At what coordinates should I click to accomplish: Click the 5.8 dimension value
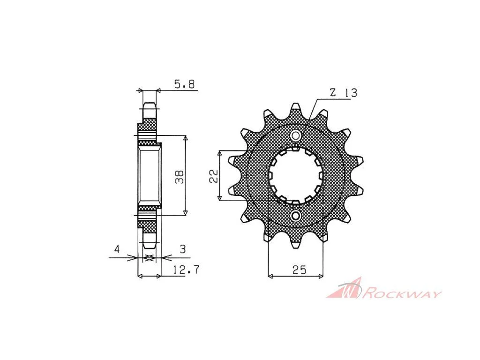point(184,84)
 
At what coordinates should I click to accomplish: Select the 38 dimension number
point(180,177)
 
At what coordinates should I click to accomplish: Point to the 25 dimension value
point(299,270)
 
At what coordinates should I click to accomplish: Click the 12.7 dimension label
point(186,270)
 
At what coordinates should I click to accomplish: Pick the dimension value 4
point(117,249)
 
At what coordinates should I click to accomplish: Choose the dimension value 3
point(183,249)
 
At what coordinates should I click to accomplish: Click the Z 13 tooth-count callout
point(344,93)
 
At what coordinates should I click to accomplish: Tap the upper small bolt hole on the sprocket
point(296,135)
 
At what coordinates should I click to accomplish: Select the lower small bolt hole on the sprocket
point(296,216)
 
